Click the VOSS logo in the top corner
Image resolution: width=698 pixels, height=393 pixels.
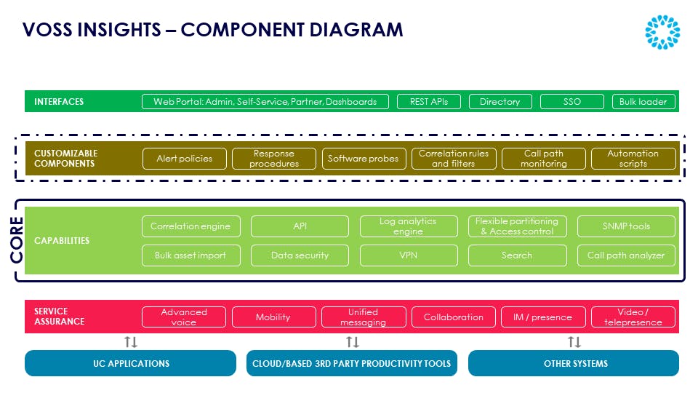[662, 32]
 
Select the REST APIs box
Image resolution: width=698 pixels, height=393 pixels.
[429, 102]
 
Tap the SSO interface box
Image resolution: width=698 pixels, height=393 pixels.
[572, 102]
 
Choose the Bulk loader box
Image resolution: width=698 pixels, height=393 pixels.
[643, 102]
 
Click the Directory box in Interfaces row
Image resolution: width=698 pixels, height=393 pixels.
[500, 102]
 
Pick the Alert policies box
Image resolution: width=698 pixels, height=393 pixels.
[185, 159]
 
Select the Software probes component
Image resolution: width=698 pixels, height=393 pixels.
[364, 159]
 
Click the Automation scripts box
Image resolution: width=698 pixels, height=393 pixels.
[633, 159]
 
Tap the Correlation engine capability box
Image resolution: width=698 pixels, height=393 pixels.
[190, 226]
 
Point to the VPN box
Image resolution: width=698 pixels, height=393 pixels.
[409, 255]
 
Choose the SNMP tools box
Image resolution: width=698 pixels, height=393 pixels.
[626, 226]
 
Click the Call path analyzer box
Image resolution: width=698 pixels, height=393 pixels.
[626, 255]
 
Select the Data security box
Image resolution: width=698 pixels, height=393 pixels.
[300, 255]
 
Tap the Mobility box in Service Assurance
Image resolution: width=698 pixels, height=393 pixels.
[273, 317]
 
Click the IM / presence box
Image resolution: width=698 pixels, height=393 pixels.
[542, 317]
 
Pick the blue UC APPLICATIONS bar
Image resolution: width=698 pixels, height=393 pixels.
[131, 363]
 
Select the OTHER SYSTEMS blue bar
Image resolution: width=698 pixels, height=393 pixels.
[574, 363]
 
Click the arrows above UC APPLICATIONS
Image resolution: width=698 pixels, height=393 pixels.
[131, 342]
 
